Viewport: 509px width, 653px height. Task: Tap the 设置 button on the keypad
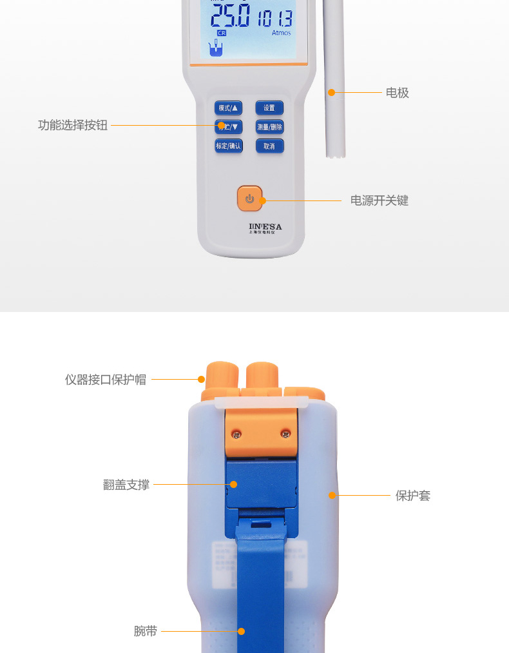(x=269, y=108)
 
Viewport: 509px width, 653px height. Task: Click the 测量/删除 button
(x=269, y=127)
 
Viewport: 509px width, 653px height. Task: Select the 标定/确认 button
(x=228, y=146)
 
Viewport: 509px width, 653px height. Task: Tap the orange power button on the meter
(x=250, y=199)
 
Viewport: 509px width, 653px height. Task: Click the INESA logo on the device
(x=265, y=227)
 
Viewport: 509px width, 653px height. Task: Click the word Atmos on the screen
(x=281, y=33)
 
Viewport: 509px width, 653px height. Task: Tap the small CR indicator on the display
(x=222, y=32)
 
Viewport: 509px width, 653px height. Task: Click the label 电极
(x=397, y=93)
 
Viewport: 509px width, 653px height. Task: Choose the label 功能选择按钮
(x=73, y=125)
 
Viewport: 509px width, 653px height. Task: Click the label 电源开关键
(x=379, y=200)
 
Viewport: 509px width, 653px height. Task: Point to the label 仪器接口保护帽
(x=106, y=380)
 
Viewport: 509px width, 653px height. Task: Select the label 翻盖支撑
(x=126, y=485)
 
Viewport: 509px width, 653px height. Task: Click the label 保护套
(x=412, y=496)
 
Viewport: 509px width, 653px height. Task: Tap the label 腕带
(x=146, y=631)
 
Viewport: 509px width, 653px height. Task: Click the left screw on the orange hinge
(x=237, y=433)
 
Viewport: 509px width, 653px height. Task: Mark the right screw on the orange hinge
(x=285, y=433)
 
